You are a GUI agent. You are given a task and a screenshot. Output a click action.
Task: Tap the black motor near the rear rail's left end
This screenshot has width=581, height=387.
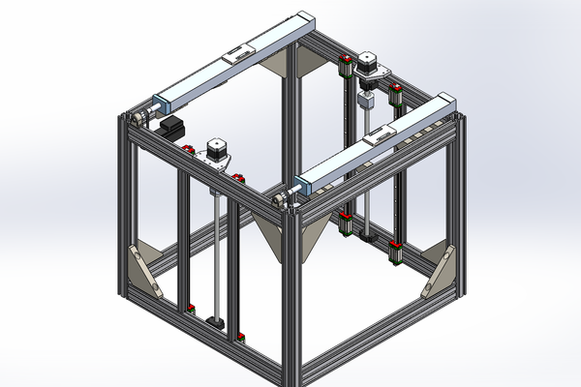tap(172, 126)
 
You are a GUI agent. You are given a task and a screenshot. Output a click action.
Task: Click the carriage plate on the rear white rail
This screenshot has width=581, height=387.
tap(237, 55)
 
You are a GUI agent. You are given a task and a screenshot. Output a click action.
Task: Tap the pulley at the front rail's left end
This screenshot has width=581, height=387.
tap(282, 198)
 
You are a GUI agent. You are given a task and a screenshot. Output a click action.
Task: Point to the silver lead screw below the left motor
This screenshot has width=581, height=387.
tap(212, 242)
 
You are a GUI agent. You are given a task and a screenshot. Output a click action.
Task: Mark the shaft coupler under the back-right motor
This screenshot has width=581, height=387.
tap(367, 101)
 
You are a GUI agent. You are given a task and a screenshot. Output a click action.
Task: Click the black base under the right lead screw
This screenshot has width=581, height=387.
tap(366, 233)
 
